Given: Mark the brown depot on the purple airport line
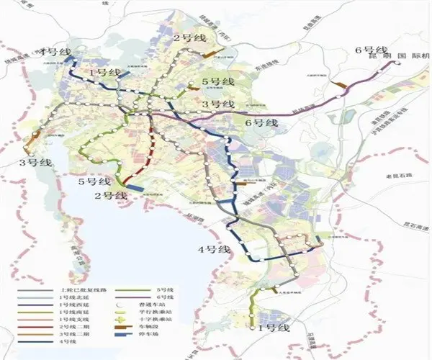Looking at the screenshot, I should click(341, 85).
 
